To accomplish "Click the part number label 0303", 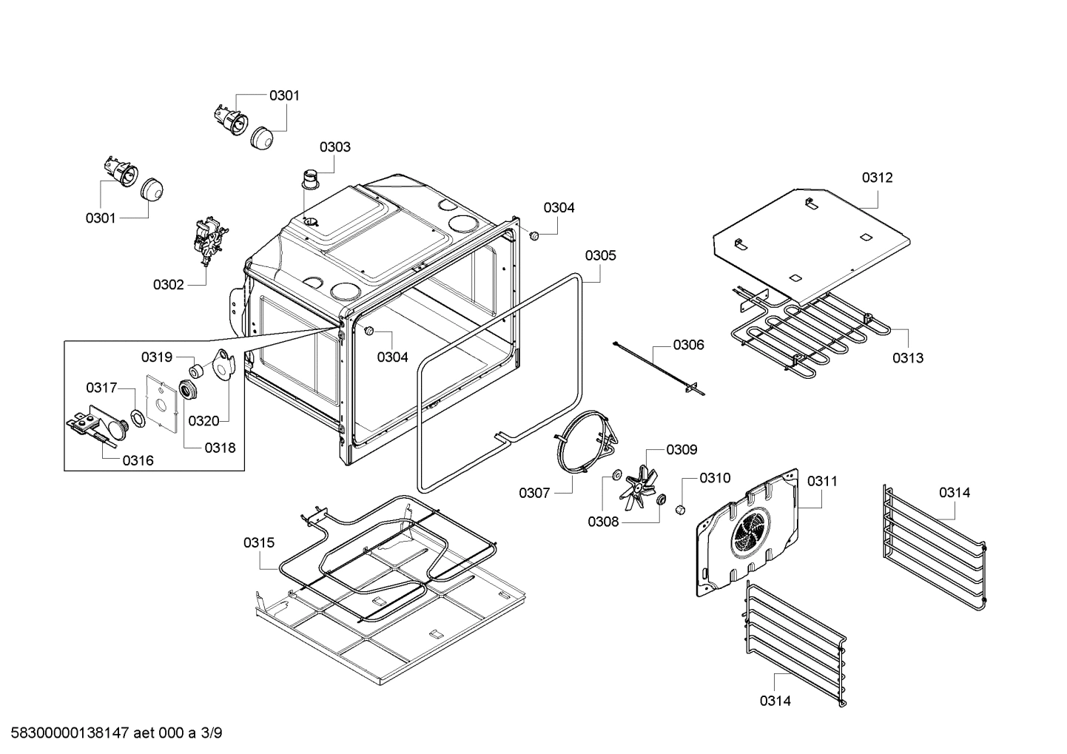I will (335, 147).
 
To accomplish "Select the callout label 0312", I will (877, 178).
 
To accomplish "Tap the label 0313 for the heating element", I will (907, 358).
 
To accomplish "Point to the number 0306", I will (688, 345).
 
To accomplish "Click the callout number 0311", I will (822, 481).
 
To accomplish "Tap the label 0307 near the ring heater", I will (534, 493).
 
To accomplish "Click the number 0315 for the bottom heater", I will (259, 542).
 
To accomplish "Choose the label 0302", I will (169, 284).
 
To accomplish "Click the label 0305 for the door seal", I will (600, 255).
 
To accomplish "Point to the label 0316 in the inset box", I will (138, 460).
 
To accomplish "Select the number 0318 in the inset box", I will (221, 447).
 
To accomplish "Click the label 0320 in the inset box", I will (203, 421).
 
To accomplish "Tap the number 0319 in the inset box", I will (157, 357).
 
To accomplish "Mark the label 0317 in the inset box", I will (101, 388).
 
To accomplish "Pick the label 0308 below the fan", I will (603, 522).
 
